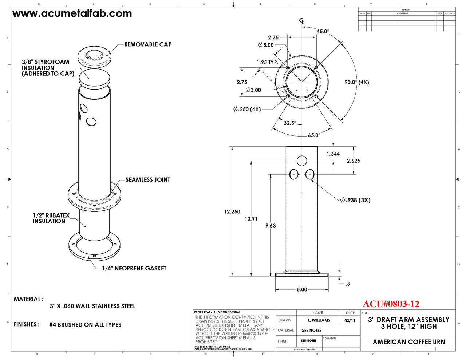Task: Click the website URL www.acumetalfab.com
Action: pyautogui.click(x=72, y=14)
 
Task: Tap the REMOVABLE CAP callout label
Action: pyautogui.click(x=147, y=44)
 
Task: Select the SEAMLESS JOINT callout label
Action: pyautogui.click(x=147, y=180)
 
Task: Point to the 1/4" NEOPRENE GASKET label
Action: pyautogui.click(x=134, y=269)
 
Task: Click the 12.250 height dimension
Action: pyautogui.click(x=232, y=212)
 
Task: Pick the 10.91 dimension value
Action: pyautogui.click(x=251, y=219)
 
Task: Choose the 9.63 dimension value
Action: pyautogui.click(x=270, y=226)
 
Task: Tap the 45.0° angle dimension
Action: pyautogui.click(x=322, y=32)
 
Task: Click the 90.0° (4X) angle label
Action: pyautogui.click(x=356, y=83)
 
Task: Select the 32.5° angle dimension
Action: pyautogui.click(x=290, y=123)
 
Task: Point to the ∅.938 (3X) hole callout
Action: pyautogui.click(x=355, y=200)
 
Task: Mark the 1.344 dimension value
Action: pyautogui.click(x=333, y=154)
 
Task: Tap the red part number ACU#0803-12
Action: pyautogui.click(x=391, y=304)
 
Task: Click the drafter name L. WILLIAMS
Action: pyautogui.click(x=319, y=321)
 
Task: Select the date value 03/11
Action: pyautogui.click(x=350, y=321)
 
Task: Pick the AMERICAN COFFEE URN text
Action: pyautogui.click(x=408, y=342)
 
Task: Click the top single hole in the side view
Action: pyautogui.click(x=302, y=161)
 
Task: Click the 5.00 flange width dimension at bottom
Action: pyautogui.click(x=302, y=290)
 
